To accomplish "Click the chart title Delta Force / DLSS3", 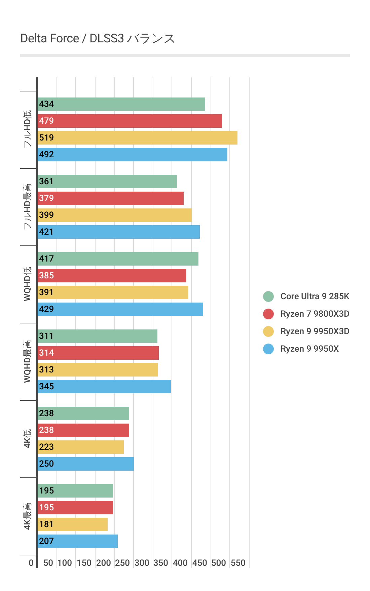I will tap(98, 39).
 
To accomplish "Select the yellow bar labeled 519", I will tap(137, 138).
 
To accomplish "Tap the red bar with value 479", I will tap(129, 121).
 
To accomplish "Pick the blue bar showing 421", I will tap(118, 232).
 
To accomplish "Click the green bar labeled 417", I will tap(118, 259).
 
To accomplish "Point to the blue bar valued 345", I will tap(104, 387).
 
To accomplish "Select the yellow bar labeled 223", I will tap(80, 447).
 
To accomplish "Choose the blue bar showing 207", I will tap(77, 541).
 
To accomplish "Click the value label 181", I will tap(46, 524).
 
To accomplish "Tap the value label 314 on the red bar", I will tap(46, 353).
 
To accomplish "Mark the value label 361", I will tap(46, 182).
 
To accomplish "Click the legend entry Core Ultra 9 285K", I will tap(315, 296).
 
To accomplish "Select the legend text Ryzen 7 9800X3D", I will tap(315, 314).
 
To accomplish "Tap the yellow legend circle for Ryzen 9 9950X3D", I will tap(268, 331).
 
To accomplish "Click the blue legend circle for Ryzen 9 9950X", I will tap(268, 349).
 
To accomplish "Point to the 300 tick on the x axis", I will tap(142, 563).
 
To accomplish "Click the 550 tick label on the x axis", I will tap(238, 563).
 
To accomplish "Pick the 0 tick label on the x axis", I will tap(31, 563).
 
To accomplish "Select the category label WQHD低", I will tap(28, 284).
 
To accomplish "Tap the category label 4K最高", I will tap(28, 516).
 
